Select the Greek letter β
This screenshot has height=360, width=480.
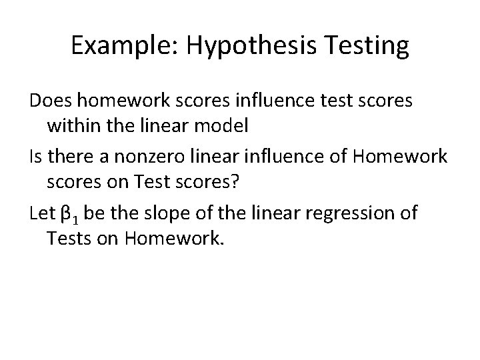(65, 214)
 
